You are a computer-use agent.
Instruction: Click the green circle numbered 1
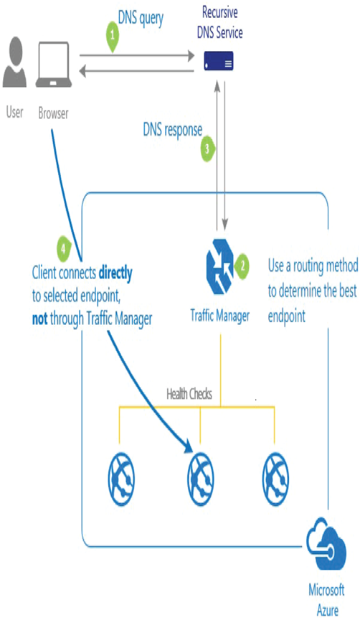pos(113,36)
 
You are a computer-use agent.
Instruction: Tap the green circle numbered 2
pos(242,266)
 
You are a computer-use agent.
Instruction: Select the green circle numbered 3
pos(207,149)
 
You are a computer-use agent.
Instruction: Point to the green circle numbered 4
pos(63,249)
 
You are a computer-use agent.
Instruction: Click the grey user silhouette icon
pos(14,62)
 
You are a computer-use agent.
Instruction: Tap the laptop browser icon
pos(54,65)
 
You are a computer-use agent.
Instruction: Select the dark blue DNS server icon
pos(219,61)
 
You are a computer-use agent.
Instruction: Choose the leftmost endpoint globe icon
pos(121,479)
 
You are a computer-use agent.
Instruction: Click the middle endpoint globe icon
pos(200,479)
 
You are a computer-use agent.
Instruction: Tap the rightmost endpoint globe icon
pos(276,479)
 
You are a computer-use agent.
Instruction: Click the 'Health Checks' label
pos(189,394)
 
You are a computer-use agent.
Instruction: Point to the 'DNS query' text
pos(141,19)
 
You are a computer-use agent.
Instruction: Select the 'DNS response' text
pos(173,130)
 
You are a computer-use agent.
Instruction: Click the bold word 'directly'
pos(115,273)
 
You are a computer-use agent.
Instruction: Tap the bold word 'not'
pos(39,319)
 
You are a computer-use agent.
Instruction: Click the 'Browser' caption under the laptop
pos(53,113)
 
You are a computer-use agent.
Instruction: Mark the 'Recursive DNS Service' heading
pos(220,22)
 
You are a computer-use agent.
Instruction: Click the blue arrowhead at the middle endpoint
pos(188,446)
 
